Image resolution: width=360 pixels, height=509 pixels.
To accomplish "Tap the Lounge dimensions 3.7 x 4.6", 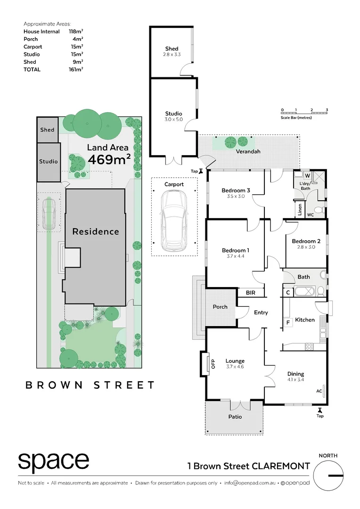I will point(235,367).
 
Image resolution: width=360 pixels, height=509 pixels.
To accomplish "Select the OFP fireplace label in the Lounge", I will point(212,364).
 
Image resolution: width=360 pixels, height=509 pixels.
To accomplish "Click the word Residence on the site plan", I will point(96,231).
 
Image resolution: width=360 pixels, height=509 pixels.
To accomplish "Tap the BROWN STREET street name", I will point(90,385).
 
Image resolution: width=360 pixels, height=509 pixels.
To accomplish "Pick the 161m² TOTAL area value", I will point(75,69).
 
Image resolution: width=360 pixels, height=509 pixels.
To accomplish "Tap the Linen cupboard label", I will point(300,209).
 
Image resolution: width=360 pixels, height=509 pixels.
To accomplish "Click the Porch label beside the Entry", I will point(220,307).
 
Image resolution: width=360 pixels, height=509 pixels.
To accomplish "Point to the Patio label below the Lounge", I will point(235,417).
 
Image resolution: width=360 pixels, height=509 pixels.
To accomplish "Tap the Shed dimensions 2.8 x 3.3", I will point(172,55).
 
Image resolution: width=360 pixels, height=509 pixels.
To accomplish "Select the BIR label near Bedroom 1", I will point(250,293).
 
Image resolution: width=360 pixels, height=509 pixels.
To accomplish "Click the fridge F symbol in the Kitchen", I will point(287,322).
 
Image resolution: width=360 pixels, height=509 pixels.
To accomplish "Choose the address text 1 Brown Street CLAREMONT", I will point(248,466).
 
